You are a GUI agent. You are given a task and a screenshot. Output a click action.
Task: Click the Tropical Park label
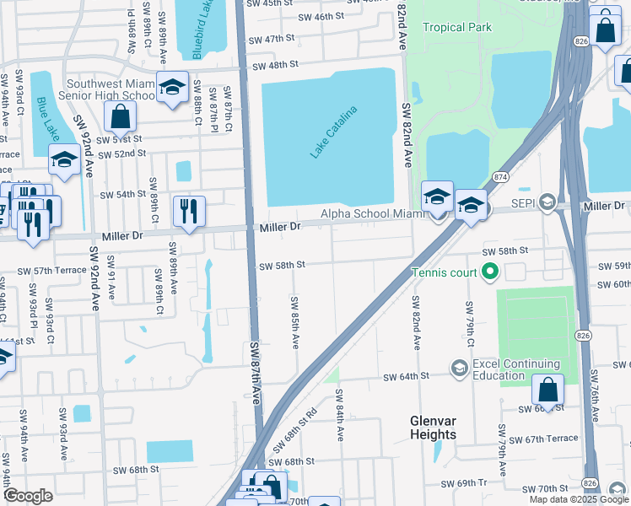tap(456, 28)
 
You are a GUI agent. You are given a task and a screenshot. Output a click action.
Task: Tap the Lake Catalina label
tap(334, 132)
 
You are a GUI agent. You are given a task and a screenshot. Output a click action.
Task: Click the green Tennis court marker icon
tap(488, 272)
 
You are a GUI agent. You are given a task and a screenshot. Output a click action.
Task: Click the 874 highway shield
tap(501, 176)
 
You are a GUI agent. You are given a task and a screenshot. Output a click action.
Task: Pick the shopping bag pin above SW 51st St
tap(121, 117)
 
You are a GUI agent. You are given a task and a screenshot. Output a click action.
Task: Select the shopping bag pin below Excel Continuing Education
tap(547, 390)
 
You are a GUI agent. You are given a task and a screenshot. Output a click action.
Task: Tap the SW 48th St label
tap(275, 65)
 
